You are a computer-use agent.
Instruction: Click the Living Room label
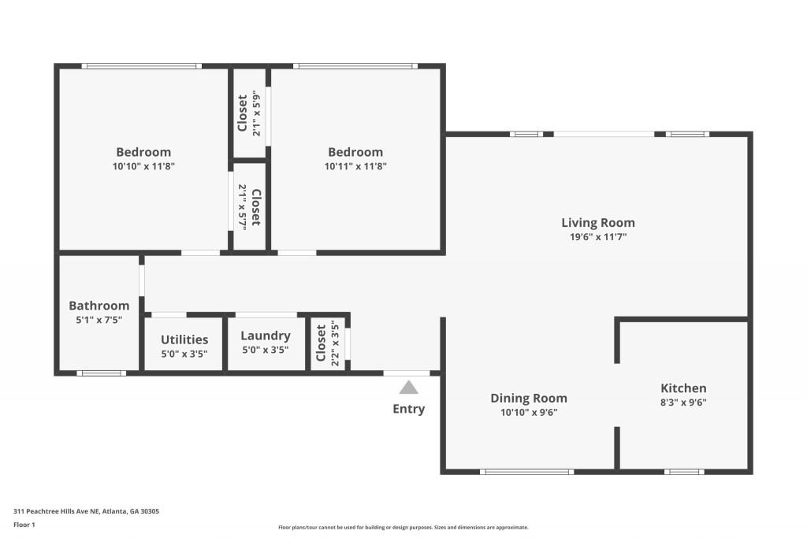597,223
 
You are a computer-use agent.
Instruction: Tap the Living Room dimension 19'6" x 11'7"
597,236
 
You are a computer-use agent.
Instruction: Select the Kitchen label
683,388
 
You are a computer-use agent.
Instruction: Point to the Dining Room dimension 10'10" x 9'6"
529,412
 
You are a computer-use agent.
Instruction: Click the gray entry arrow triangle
408,387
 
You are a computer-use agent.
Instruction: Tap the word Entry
408,409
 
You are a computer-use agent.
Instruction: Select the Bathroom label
99,306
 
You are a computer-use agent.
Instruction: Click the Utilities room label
184,339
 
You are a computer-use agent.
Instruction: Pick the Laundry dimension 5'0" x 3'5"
265,350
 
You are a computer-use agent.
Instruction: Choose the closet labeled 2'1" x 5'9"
249,115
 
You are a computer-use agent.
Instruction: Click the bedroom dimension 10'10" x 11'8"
143,166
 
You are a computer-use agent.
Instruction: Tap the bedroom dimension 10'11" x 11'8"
355,166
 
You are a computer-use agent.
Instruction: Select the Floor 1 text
24,524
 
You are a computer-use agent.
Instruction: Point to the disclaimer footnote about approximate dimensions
403,528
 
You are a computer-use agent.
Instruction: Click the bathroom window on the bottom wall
101,373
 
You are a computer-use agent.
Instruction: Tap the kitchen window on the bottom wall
683,472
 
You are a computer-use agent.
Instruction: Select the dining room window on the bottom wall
526,472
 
